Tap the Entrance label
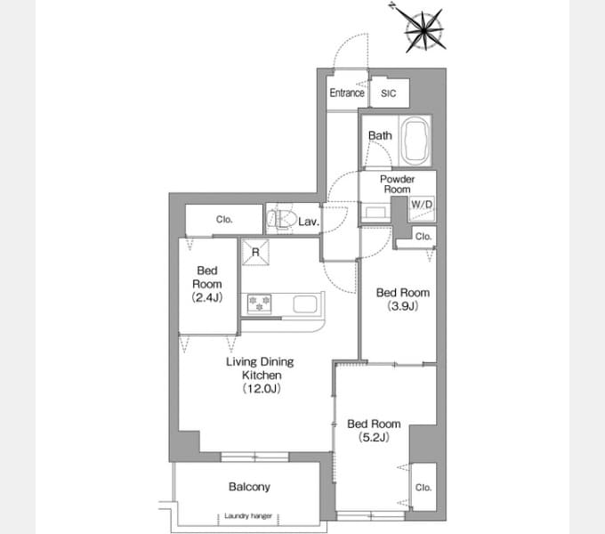coord(347,93)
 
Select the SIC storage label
coord(389,93)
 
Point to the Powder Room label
coord(397,184)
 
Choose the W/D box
coord(421,204)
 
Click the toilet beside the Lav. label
coord(281,220)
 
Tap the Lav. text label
coord(309,221)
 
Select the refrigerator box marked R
coord(256,252)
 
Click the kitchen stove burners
coord(261,304)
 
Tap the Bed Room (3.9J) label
coord(402,299)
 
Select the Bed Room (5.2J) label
coord(374,431)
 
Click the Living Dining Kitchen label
coord(259,375)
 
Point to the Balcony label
coord(249,487)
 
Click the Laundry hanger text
coord(248,516)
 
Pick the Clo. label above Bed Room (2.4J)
coord(224,219)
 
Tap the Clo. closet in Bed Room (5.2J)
coord(423,488)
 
